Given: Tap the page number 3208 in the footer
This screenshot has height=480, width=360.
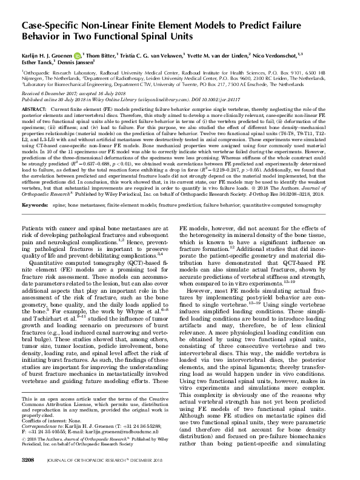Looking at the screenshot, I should [x=30, y=461].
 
